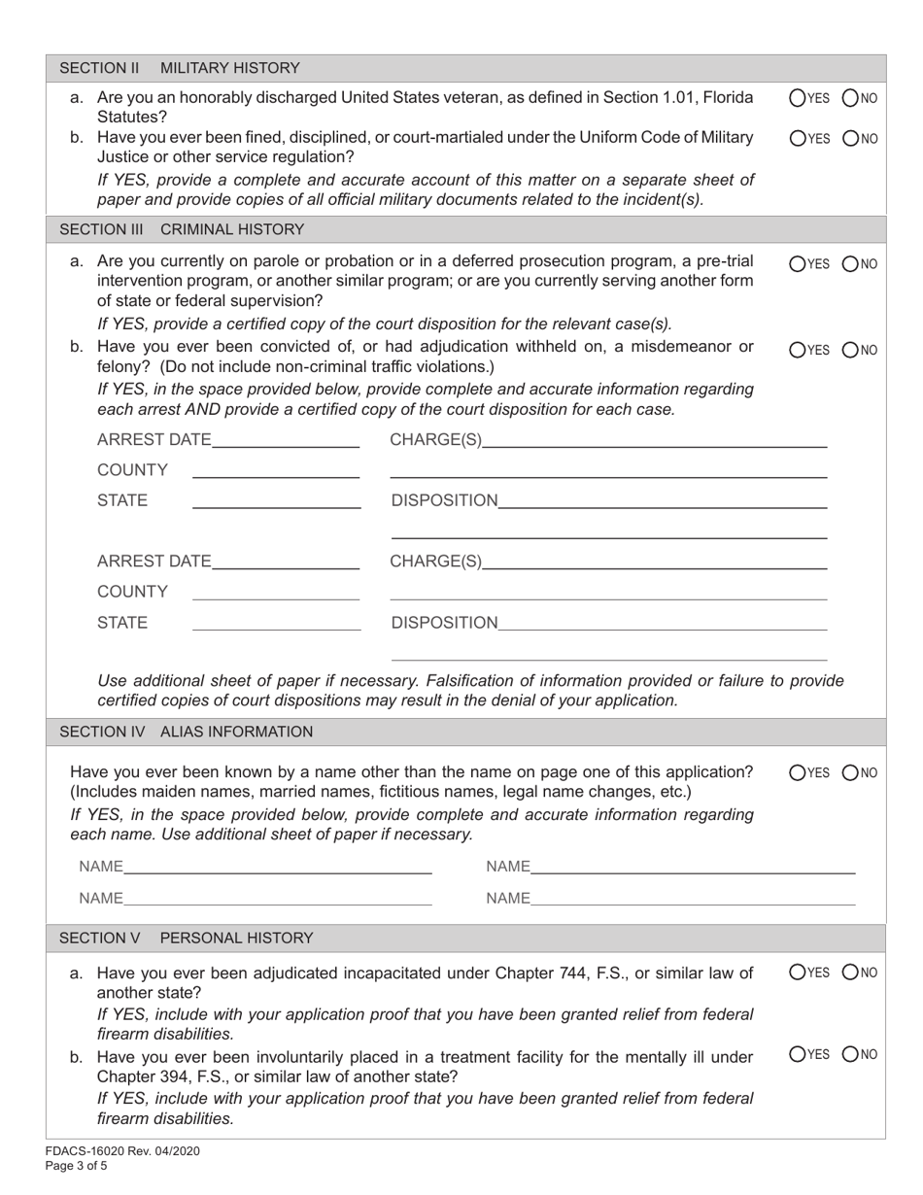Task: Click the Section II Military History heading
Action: coord(180,68)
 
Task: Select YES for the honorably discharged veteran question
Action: coord(798,97)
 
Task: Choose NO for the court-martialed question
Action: coord(849,138)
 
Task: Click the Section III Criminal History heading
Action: coord(182,229)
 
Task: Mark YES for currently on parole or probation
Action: coord(798,262)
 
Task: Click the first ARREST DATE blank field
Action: coord(285,440)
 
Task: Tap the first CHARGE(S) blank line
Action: coord(654,440)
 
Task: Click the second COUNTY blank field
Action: coord(276,592)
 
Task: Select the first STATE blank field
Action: coord(276,500)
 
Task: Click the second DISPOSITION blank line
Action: coord(662,622)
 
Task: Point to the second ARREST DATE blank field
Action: coord(285,562)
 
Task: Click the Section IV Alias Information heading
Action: coord(187,732)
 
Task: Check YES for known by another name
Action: coord(798,773)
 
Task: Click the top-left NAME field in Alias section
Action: coord(278,866)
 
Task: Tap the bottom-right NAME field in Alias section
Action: coord(693,899)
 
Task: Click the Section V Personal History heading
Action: coord(187,938)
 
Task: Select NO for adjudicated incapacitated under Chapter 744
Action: coord(849,972)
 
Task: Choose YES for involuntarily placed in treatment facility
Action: coord(798,1054)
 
